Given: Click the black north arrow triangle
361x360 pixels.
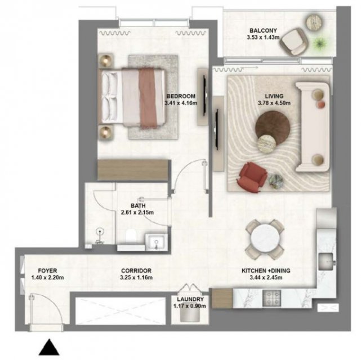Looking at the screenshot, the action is click(x=49, y=347).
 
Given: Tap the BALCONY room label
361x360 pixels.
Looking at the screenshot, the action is click(x=263, y=30).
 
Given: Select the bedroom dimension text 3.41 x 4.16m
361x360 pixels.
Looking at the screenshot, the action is click(x=181, y=103).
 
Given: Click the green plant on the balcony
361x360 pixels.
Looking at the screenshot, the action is click(x=319, y=43).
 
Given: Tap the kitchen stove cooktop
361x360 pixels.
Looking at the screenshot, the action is click(x=271, y=298).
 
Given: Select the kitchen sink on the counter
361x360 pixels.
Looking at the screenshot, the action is click(x=326, y=261).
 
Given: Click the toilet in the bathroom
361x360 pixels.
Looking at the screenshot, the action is click(x=131, y=235).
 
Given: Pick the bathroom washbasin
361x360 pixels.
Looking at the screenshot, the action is click(x=156, y=242).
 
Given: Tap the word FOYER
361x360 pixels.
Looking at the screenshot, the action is click(x=47, y=271).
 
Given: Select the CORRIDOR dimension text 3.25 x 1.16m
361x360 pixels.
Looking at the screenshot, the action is click(x=136, y=277).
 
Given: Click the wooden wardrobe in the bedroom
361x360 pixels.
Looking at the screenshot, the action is click(x=133, y=170).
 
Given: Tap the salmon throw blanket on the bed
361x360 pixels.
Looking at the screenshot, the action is click(x=149, y=98).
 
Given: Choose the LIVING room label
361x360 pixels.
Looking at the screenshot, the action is click(x=274, y=96).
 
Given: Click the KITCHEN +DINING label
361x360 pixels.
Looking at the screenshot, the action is click(x=266, y=271).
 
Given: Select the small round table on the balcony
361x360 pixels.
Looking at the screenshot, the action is click(x=315, y=22).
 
